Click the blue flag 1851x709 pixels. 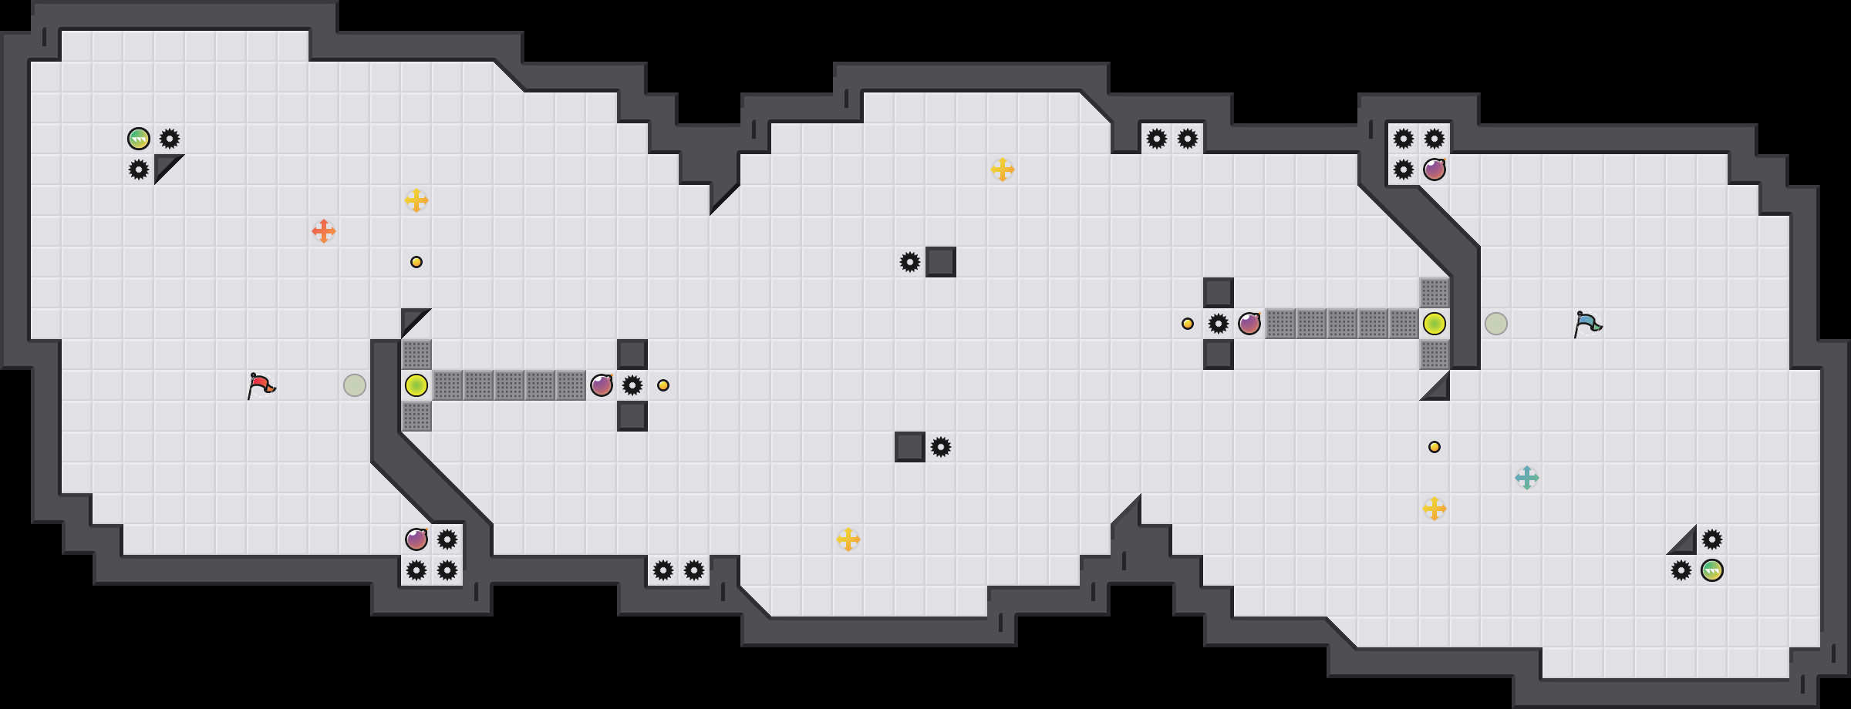click(x=1586, y=324)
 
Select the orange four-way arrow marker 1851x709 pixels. click(x=324, y=231)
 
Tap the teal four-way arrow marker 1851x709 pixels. click(x=1527, y=478)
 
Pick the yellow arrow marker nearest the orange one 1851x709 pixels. click(x=416, y=200)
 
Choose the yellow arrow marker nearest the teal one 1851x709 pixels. click(x=1435, y=509)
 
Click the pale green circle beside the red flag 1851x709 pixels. click(x=355, y=385)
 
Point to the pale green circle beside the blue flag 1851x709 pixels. click(x=1496, y=324)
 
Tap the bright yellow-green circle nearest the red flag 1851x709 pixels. click(x=416, y=385)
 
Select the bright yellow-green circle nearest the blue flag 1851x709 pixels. click(x=1435, y=324)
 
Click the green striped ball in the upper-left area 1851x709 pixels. click(x=139, y=139)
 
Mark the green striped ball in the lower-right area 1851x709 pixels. click(x=1712, y=570)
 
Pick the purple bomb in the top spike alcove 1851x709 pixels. click(x=1435, y=170)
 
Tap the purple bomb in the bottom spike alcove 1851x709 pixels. click(x=416, y=539)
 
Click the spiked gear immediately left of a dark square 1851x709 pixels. click(x=910, y=262)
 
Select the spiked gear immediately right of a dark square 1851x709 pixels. click(x=941, y=447)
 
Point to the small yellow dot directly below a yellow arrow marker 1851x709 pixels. click(x=416, y=262)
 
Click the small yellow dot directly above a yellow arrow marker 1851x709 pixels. click(x=1435, y=447)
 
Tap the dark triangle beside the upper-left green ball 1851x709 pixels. click(x=164, y=165)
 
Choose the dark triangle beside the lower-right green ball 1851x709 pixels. click(x=1686, y=544)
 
